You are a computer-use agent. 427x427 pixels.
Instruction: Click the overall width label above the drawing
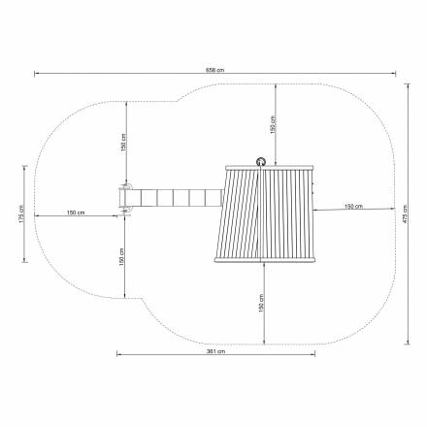[215, 70]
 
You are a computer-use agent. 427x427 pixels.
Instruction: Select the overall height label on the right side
[405, 213]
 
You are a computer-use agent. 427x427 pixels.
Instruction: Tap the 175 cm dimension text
[21, 213]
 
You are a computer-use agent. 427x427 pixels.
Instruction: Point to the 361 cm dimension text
[215, 351]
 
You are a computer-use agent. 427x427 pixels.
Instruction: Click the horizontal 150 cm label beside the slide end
[76, 213]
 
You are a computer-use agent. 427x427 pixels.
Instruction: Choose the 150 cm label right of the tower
[353, 206]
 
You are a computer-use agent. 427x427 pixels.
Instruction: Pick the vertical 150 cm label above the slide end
[123, 143]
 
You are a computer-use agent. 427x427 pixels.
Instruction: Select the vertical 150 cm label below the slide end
[121, 257]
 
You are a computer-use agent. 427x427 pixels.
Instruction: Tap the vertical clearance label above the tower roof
[273, 125]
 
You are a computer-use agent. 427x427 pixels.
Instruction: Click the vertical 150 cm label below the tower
[261, 303]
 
